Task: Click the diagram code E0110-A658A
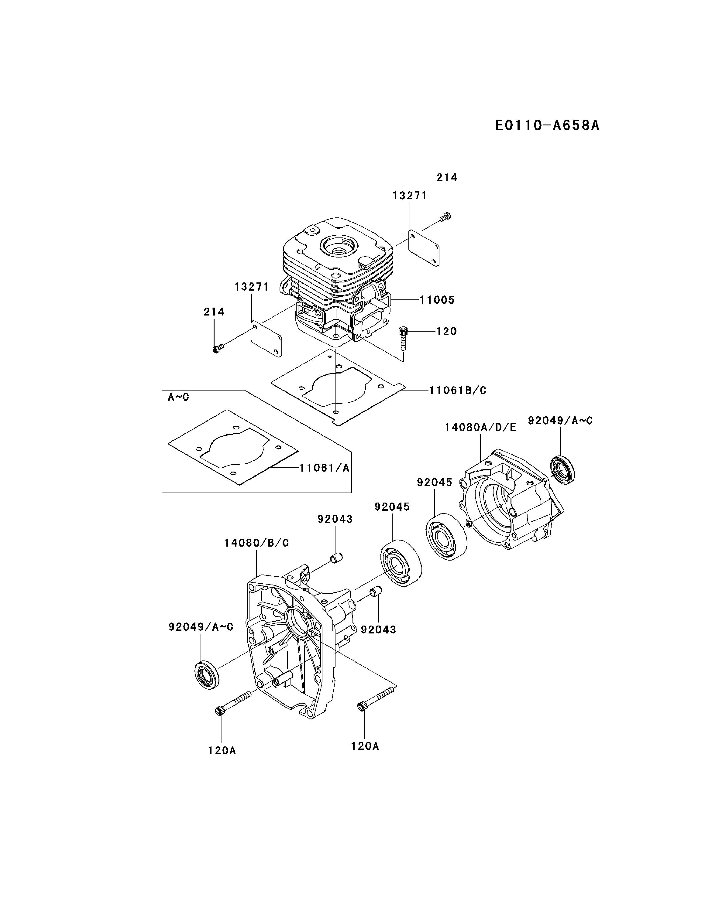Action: pyautogui.click(x=547, y=125)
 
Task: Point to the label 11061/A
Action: pyautogui.click(x=324, y=468)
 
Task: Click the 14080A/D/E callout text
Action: pyautogui.click(x=480, y=427)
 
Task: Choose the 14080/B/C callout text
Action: pyautogui.click(x=256, y=543)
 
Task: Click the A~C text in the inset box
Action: pyautogui.click(x=178, y=397)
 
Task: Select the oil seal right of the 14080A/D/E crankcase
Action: pyautogui.click(x=563, y=470)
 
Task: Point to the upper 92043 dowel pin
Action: pyautogui.click(x=337, y=557)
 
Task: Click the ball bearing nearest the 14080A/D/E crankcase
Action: pyautogui.click(x=446, y=536)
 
